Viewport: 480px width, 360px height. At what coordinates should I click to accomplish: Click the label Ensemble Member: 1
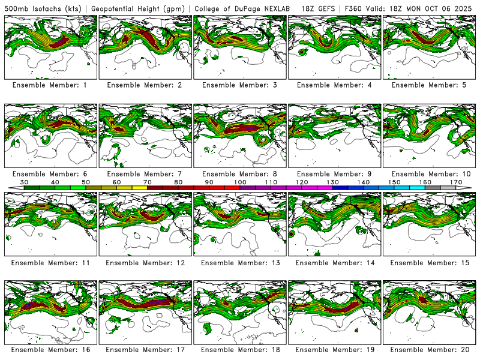50,85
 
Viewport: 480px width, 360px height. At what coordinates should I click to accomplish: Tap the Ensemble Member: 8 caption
239,174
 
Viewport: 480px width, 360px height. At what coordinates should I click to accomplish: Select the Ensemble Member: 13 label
239,263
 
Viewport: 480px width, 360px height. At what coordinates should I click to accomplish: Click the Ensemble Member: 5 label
429,85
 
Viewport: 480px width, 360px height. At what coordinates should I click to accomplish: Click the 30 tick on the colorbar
25,182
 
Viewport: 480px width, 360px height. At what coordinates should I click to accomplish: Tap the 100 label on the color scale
240,182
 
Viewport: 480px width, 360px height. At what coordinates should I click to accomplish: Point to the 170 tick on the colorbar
455,182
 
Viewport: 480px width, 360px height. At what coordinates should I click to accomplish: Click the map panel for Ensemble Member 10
429,136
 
